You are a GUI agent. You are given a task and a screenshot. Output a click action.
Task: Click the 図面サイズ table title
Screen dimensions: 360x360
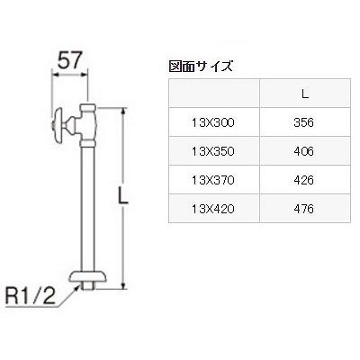(202, 66)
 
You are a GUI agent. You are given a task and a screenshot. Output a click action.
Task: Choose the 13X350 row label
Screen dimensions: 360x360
(213, 151)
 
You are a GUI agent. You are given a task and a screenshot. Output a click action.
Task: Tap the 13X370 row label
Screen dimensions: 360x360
(213, 180)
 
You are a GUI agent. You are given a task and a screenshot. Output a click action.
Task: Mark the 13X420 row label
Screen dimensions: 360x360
(213, 209)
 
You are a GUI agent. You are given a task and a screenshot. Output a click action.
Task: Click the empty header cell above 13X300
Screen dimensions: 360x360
(213, 93)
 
